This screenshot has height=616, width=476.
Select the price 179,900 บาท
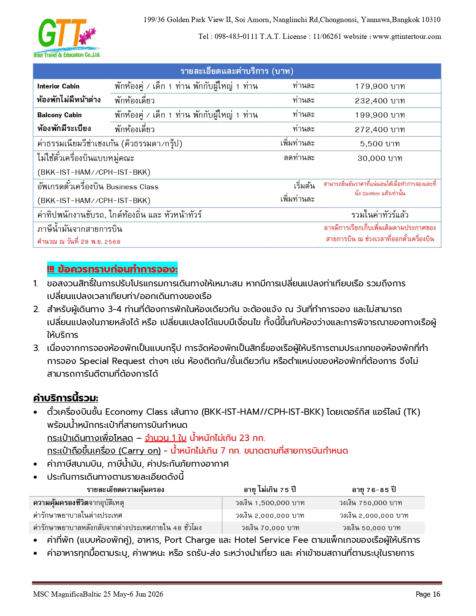point(380,86)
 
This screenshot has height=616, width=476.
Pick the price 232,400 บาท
point(380,101)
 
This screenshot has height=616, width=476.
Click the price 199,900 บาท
point(380,115)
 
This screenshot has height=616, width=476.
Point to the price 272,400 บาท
point(380,130)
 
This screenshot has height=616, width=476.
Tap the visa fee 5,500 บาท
point(380,144)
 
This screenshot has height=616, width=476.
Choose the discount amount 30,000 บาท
point(380,158)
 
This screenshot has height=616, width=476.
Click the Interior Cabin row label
point(58,86)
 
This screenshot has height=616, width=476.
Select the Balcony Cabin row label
point(59,115)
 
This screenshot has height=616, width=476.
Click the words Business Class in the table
point(132,187)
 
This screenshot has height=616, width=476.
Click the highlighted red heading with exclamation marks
point(112,269)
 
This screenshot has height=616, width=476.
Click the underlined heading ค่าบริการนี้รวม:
point(65,398)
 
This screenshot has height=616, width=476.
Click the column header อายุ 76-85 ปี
point(374,489)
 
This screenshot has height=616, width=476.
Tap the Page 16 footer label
point(428,594)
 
